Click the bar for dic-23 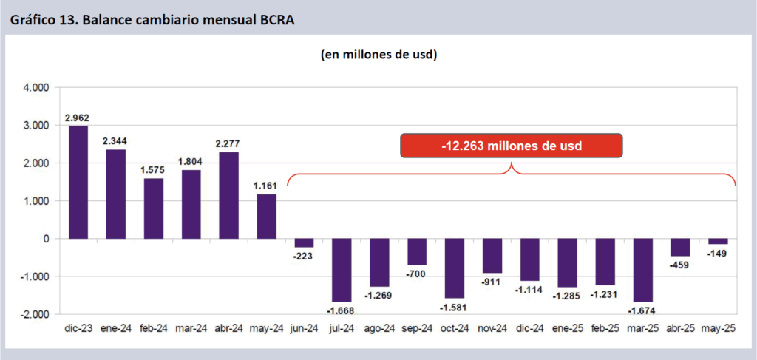pos(78,182)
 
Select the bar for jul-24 pos(342,270)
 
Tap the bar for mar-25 pos(642,270)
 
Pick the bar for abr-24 pos(228,195)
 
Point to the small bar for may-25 pos(718,241)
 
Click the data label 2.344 pos(115,142)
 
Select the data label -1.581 pos(454,306)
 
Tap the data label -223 pos(304,255)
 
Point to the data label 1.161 pos(266,186)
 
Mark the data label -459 pos(680,264)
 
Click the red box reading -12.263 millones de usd pos(512,146)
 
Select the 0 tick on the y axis pos(45,239)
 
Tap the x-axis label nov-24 pos(492,327)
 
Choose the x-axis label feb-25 pos(605,327)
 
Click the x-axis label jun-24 pos(304,327)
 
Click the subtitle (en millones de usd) pos(378,55)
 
